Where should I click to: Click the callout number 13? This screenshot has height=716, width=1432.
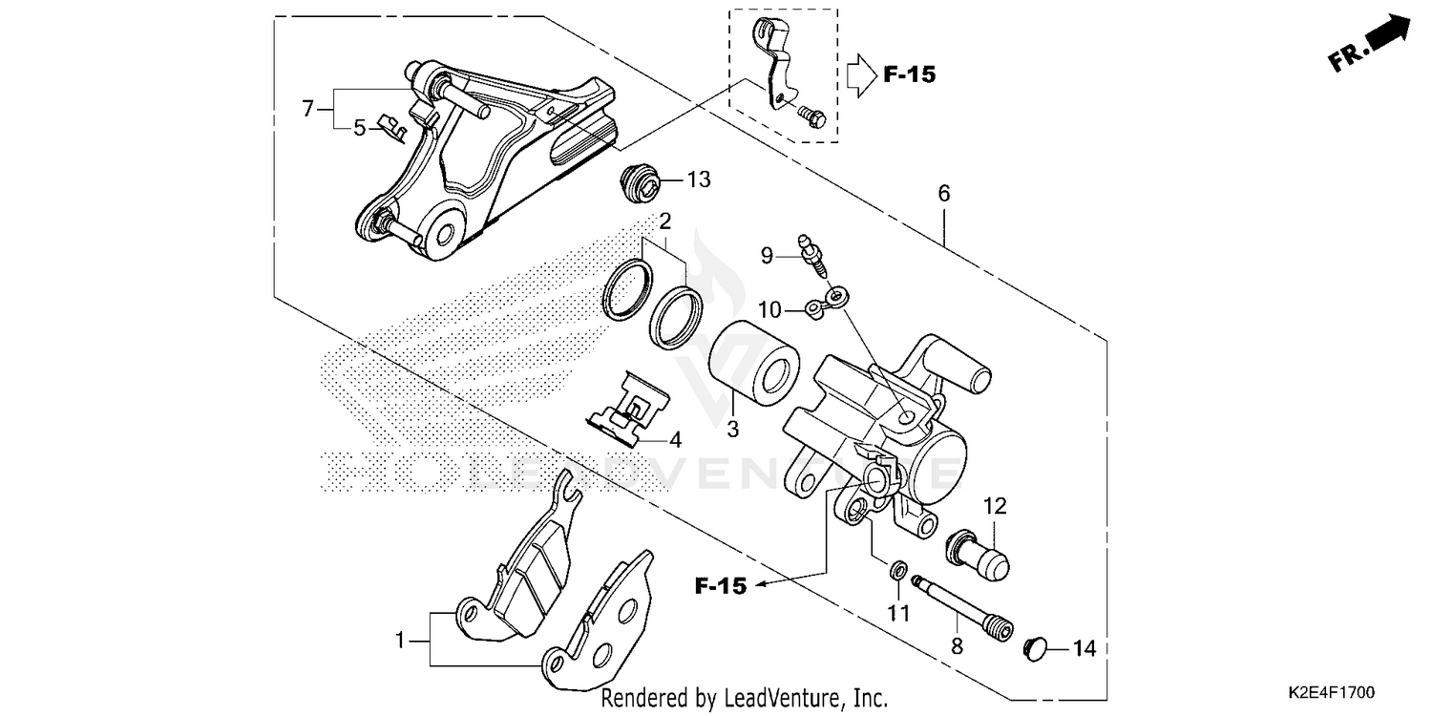click(699, 179)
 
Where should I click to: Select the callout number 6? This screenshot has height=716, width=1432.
click(944, 194)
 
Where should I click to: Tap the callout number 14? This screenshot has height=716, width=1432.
click(1084, 649)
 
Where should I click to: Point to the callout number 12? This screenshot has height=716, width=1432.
click(996, 505)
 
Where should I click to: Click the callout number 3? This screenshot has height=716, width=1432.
click(732, 430)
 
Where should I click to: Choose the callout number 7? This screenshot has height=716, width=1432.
click(307, 109)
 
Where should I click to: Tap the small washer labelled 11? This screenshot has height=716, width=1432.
click(897, 571)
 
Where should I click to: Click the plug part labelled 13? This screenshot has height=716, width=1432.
click(636, 183)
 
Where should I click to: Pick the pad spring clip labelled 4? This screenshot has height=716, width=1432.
click(629, 410)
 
